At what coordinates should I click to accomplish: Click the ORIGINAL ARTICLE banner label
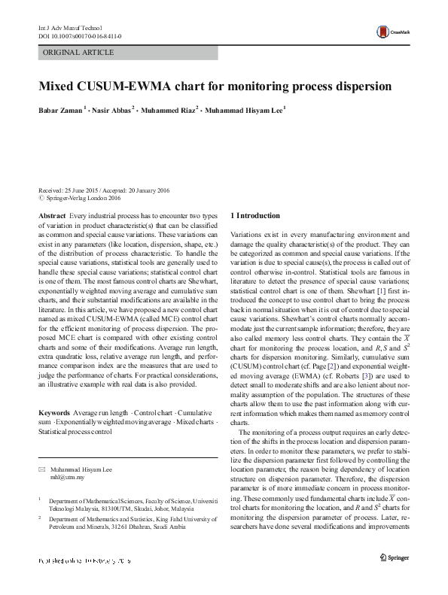click(x=79, y=53)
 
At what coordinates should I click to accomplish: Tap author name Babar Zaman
click(x=60, y=110)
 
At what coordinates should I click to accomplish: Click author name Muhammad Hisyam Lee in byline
click(x=243, y=110)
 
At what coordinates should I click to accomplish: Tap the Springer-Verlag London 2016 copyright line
click(x=83, y=199)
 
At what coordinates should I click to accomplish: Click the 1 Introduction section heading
click(x=254, y=216)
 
